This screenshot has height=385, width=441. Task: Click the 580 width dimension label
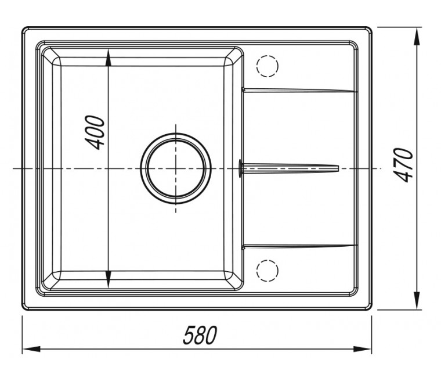(200, 335)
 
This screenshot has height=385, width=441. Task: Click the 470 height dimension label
(404, 165)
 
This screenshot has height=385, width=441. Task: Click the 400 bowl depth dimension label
(95, 132)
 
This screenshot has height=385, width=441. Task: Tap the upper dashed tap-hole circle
(267, 66)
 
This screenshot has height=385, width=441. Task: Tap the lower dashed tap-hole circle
(267, 271)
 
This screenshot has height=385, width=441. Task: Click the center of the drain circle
(176, 168)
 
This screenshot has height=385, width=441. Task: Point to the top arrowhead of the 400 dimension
(109, 57)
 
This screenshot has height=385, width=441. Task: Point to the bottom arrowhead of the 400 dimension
(109, 279)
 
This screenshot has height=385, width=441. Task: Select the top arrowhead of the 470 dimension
(417, 36)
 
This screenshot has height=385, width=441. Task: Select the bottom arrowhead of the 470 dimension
(417, 301)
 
